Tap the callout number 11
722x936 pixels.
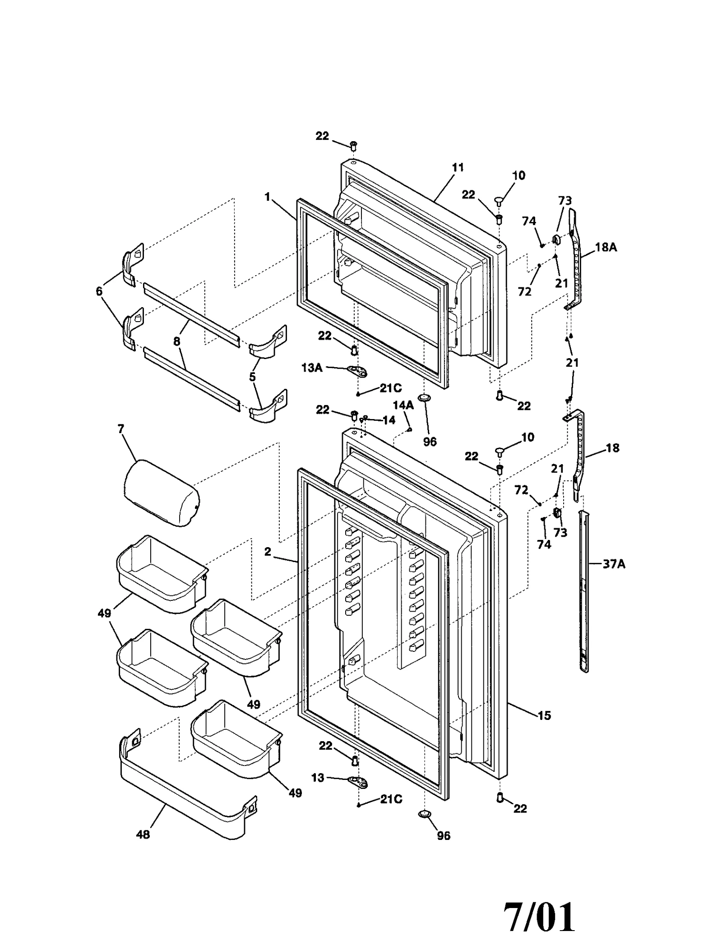tap(458, 168)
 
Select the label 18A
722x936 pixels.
tap(606, 247)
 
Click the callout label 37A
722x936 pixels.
tap(614, 564)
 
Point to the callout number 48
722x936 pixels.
tap(143, 835)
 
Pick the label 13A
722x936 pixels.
tap(312, 368)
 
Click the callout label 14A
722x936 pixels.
tap(403, 406)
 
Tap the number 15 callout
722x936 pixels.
tap(544, 715)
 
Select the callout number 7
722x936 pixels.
tap(120, 429)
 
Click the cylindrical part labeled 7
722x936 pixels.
tap(161, 493)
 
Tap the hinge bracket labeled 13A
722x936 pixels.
tap(357, 371)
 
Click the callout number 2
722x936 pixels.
tap(268, 552)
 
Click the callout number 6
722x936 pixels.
tap(99, 291)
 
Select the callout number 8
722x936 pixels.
tap(176, 341)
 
